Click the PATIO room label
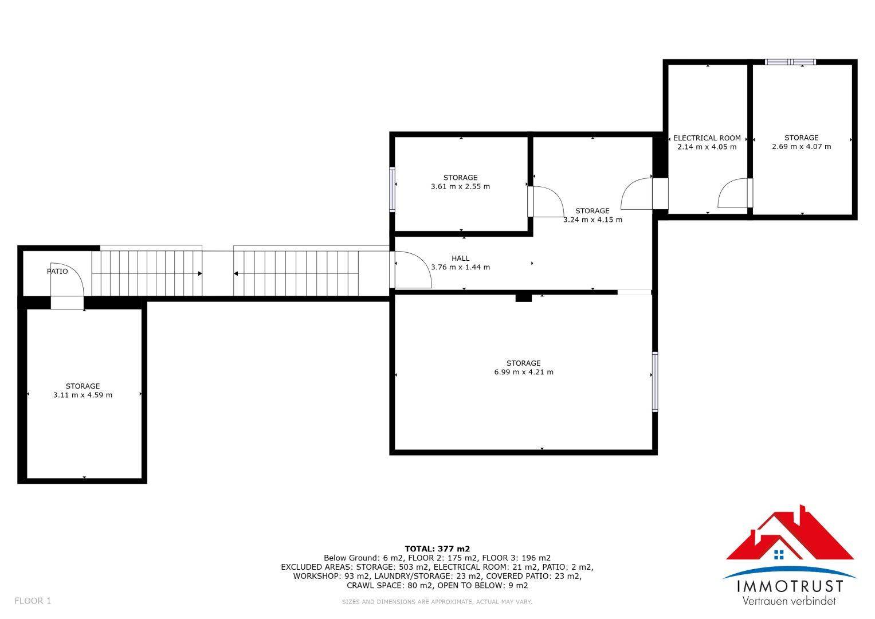pyautogui.click(x=57, y=272)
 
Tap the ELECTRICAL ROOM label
pyautogui.click(x=707, y=138)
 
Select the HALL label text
pyautogui.click(x=461, y=258)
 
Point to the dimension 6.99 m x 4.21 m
pyautogui.click(x=524, y=372)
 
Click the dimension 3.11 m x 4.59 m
pyautogui.click(x=83, y=395)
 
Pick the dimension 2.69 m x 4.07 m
pyautogui.click(x=802, y=147)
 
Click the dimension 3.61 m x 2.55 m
pyautogui.click(x=461, y=186)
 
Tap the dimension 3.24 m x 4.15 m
pyautogui.click(x=593, y=220)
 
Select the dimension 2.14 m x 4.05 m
pyautogui.click(x=707, y=147)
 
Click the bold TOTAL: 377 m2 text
pyautogui.click(x=438, y=549)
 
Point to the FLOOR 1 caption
pyautogui.click(x=33, y=601)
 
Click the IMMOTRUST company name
pyautogui.click(x=790, y=586)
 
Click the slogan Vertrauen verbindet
pyautogui.click(x=789, y=601)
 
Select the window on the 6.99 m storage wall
pyautogui.click(x=655, y=381)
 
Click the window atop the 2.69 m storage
pyautogui.click(x=790, y=62)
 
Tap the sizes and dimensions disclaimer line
pyautogui.click(x=437, y=602)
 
